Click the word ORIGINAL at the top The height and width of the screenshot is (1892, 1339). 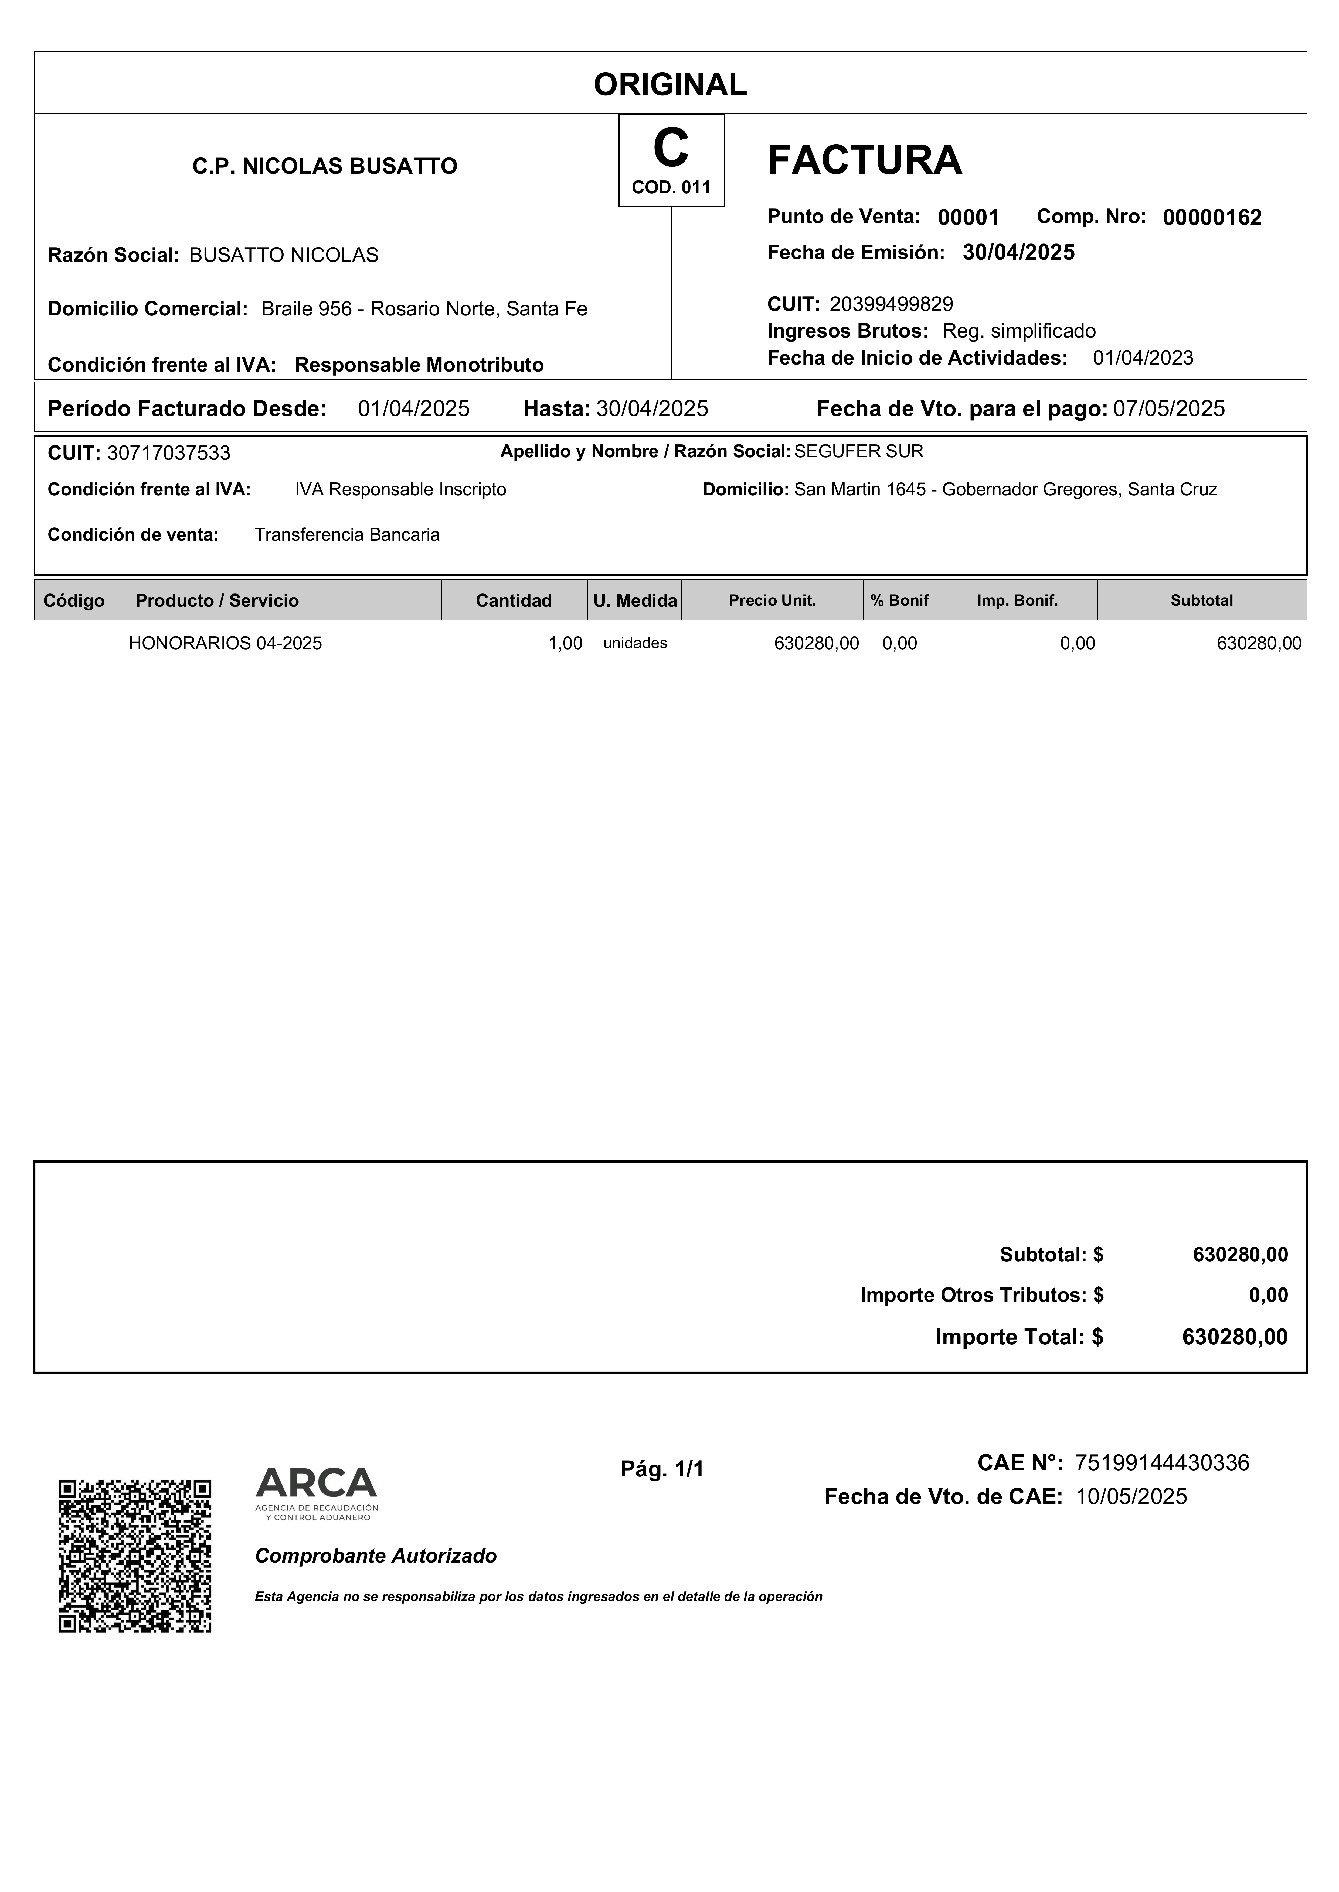[669, 84]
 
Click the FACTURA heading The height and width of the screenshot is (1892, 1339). [864, 160]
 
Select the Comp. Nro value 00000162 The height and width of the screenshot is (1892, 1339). [1212, 218]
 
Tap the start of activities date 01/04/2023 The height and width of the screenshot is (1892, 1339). [1143, 358]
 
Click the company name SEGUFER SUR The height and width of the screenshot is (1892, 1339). [858, 452]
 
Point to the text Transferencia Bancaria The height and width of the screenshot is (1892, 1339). [347, 535]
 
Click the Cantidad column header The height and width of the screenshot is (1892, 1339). [514, 601]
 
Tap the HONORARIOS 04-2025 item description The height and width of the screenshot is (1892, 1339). [225, 644]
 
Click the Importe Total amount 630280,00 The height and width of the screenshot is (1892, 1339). [1234, 1337]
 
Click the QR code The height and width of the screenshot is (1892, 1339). [134, 1556]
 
